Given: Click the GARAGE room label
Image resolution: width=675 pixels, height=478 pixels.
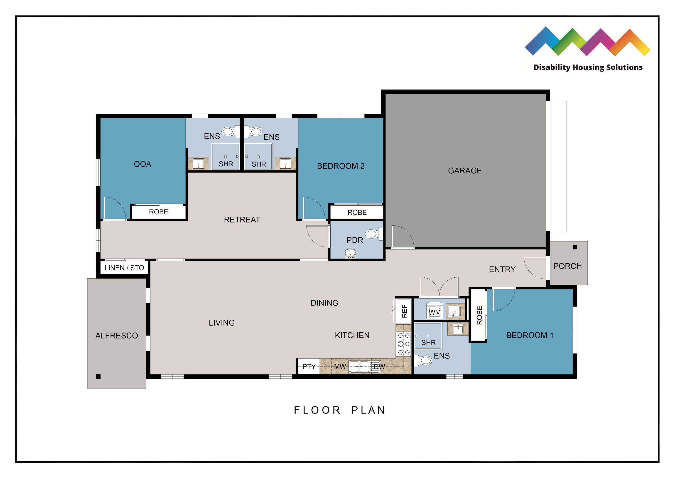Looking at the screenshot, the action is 465,170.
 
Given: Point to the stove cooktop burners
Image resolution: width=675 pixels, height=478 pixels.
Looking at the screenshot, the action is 403,344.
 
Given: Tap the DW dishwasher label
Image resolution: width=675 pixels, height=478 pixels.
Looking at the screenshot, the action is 379,367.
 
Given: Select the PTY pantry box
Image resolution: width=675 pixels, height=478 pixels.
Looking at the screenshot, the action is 309,366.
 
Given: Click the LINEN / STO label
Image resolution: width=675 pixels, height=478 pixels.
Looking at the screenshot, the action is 124,268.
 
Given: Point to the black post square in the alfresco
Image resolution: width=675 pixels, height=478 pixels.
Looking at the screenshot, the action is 98,376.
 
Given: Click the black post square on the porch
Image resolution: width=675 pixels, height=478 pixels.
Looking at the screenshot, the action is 575,247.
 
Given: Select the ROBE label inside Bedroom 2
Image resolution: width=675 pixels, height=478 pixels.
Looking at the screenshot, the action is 357,212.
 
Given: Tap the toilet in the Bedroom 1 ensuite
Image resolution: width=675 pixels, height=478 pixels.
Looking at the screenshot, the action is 423,360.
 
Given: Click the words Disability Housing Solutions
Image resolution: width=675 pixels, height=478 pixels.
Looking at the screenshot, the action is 588,67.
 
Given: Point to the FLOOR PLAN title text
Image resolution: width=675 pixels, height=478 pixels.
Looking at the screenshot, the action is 340,410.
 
